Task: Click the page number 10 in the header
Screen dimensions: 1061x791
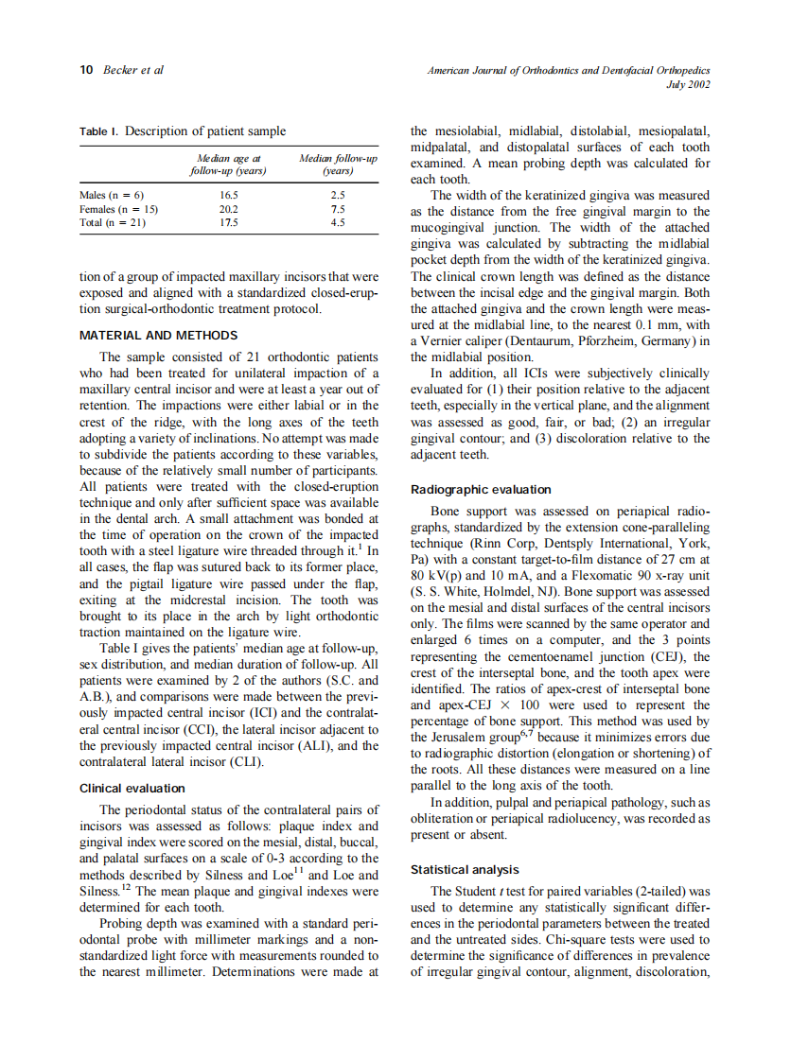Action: click(85, 70)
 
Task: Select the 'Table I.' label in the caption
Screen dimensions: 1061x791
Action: click(99, 130)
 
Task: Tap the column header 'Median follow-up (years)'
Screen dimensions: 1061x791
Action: click(338, 165)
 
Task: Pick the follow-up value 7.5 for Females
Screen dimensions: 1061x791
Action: click(338, 208)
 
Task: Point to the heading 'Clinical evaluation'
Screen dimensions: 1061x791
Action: click(132, 788)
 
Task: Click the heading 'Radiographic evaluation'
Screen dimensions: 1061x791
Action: click(480, 489)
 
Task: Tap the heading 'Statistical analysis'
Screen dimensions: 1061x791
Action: click(465, 868)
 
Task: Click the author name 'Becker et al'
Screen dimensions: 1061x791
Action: click(132, 70)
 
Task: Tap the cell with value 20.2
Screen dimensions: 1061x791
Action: click(229, 208)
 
